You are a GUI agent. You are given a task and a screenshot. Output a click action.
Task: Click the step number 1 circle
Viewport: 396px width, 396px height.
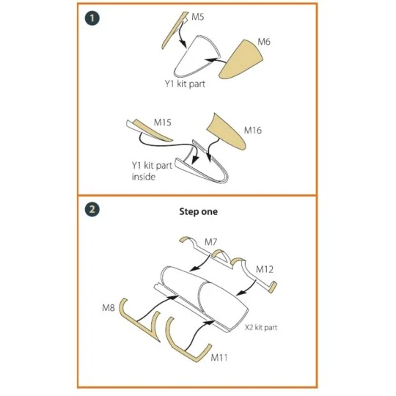coord(92,18)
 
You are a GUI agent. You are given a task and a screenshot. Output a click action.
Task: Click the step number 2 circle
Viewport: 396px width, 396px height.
coord(92,209)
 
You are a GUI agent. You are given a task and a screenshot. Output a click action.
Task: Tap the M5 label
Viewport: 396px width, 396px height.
coord(198,17)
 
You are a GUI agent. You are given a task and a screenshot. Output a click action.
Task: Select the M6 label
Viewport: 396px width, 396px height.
coord(264,42)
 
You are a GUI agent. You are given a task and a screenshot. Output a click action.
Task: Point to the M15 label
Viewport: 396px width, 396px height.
coord(162,122)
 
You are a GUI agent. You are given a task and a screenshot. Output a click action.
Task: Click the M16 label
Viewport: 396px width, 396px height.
coord(253,131)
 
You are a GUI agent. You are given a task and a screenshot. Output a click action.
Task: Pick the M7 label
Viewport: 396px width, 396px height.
coord(210,242)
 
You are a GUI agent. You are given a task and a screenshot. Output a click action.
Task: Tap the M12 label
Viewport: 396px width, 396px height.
coord(265,269)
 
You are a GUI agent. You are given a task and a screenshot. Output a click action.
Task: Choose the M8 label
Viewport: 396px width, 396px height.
coord(109,307)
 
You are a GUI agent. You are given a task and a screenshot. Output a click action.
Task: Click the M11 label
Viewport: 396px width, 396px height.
coord(219,358)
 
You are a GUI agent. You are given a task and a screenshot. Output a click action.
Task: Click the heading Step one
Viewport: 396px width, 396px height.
coord(198,212)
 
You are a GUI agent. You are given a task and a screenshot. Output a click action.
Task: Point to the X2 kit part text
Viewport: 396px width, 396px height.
coord(261,328)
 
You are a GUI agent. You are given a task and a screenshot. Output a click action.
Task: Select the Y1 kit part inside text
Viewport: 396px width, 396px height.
coord(152,171)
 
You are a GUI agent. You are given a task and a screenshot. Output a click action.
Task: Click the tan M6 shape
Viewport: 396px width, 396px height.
coord(241,59)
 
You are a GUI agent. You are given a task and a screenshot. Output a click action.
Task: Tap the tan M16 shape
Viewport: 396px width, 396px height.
coord(226,132)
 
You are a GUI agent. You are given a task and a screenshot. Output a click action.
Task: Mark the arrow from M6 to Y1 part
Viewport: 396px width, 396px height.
coord(215,60)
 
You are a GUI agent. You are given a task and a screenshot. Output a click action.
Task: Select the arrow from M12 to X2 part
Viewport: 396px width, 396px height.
coord(249,288)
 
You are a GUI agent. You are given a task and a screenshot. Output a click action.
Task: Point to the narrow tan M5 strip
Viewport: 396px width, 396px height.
coord(175,30)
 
